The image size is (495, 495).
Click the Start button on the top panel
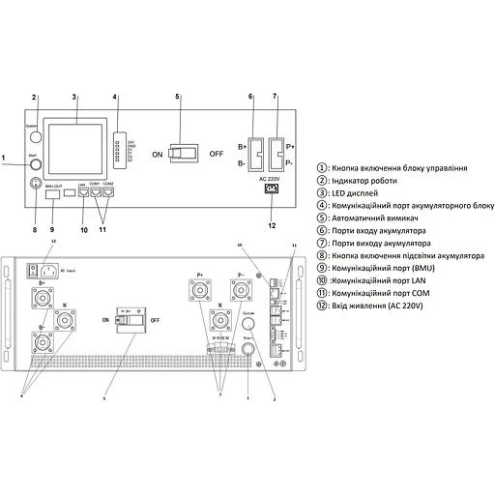click(x=36, y=164)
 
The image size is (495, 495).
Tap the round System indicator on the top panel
click(x=35, y=127)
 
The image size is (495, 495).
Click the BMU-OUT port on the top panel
click(x=54, y=192)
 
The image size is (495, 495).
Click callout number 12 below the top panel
click(x=272, y=225)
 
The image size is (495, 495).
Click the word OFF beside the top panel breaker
click(x=216, y=153)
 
